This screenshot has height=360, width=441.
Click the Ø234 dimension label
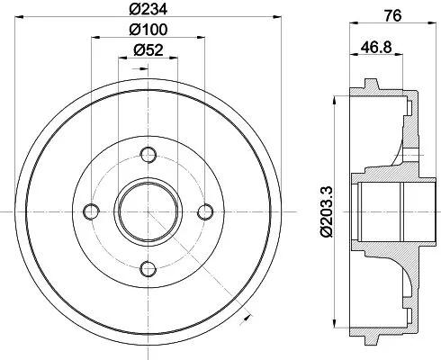click(148, 12)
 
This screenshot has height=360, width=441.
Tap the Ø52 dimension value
click(148, 51)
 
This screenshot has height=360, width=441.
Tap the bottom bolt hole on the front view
click(148, 267)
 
